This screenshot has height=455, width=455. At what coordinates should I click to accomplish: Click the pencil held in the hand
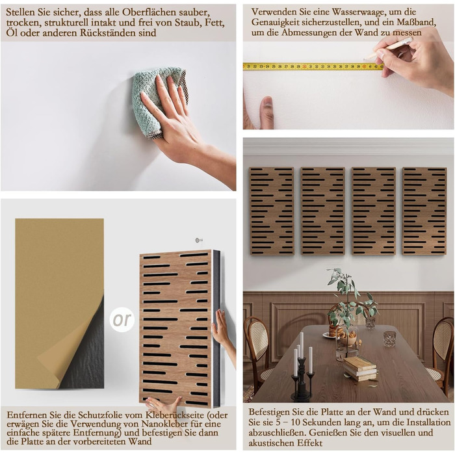point(388,48)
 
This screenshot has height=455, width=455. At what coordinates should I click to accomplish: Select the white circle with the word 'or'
point(122,320)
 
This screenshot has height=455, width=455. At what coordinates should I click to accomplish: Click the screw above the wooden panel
point(199,240)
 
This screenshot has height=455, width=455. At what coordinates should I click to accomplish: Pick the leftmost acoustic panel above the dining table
point(272,211)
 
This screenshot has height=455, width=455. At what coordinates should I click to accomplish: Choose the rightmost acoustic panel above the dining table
point(424,211)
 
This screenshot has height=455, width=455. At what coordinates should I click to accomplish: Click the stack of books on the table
point(360,369)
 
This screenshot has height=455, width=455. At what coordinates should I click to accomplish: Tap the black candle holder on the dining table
point(302,380)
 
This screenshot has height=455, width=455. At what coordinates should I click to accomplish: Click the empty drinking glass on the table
point(390,339)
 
